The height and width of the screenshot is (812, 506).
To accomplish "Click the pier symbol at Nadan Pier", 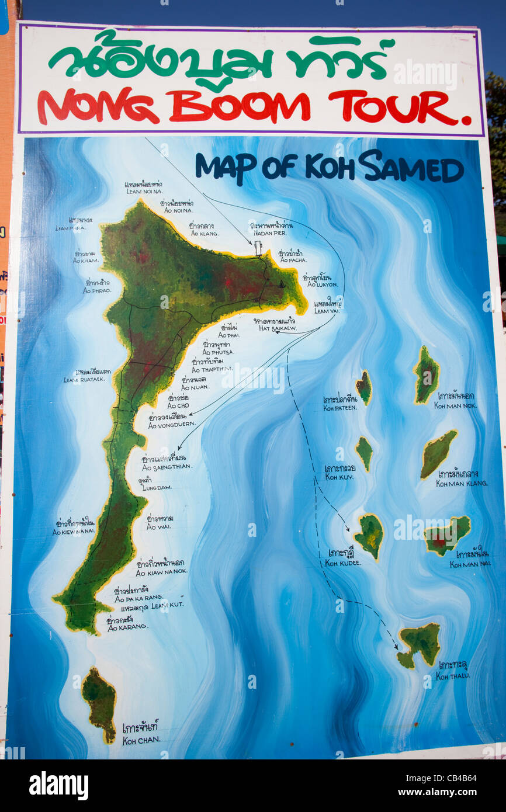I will point(258,248).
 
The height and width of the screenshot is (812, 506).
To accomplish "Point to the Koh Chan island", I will point(100,703).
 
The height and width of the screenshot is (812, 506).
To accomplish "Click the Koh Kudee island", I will point(369,534).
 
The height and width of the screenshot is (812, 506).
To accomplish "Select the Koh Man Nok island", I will point(427,374).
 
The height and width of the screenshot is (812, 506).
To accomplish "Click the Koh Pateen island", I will point(364,387).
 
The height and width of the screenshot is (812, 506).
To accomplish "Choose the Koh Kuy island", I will point(364,452).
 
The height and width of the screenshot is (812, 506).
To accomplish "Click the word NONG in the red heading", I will point(98,106).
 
